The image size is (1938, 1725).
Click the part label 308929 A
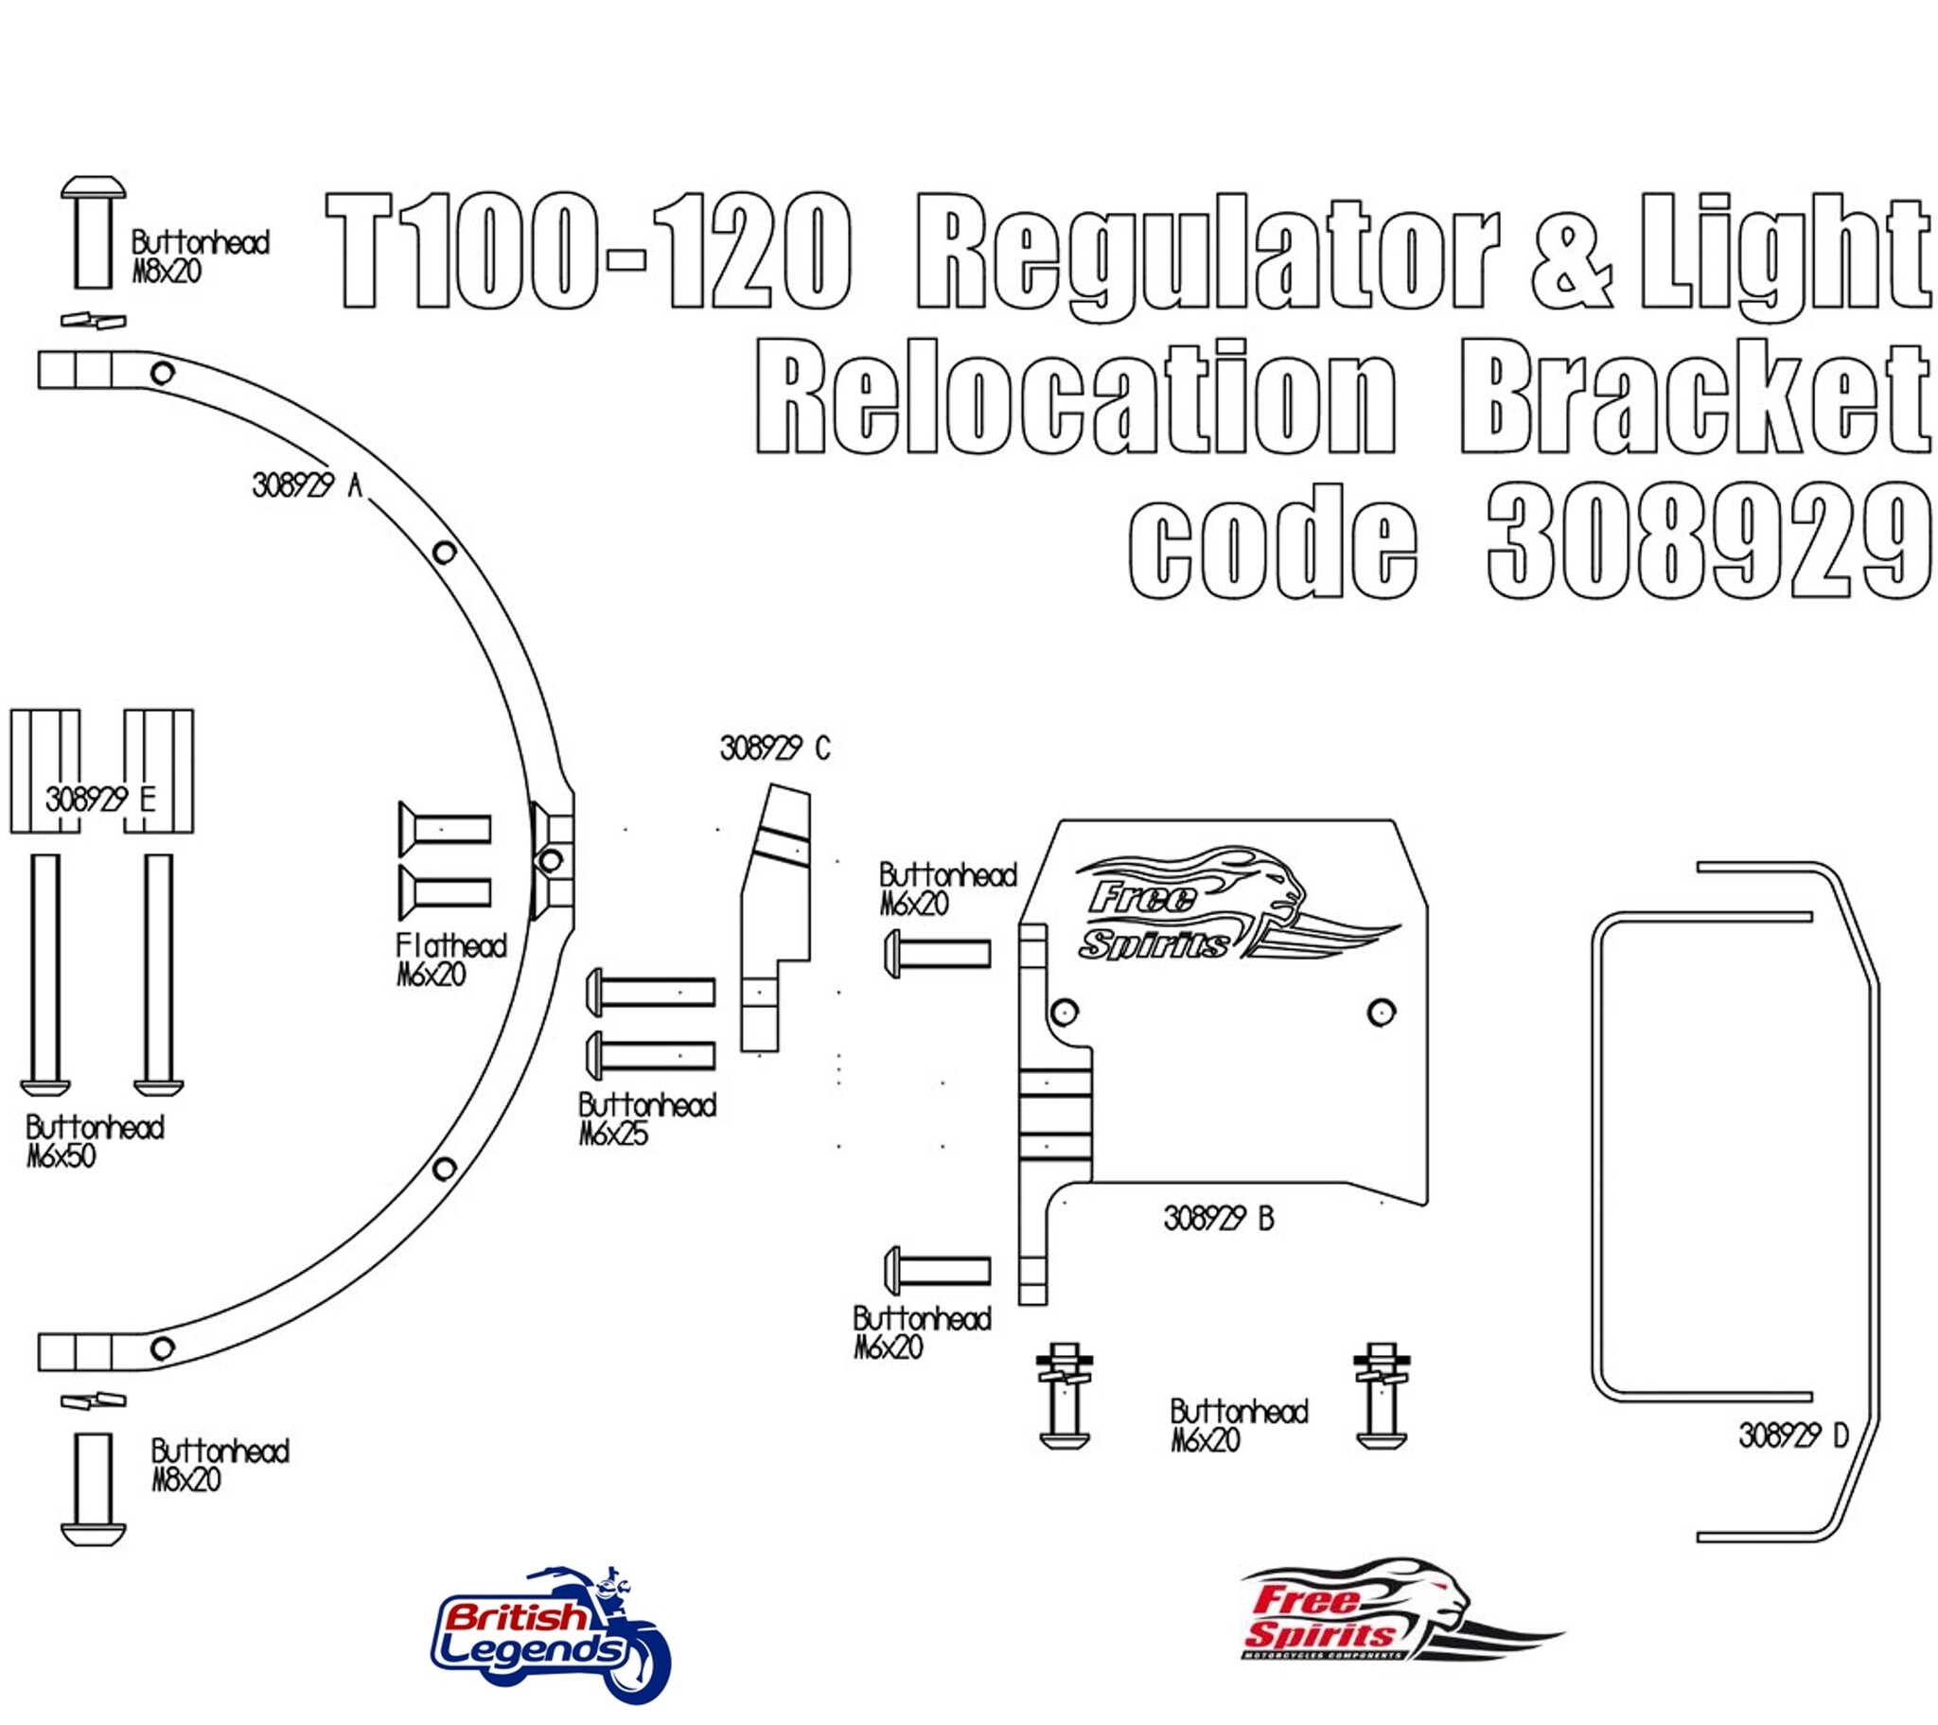pyautogui.click(x=308, y=485)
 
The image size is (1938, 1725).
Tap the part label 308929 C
pyautogui.click(x=775, y=749)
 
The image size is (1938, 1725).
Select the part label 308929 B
pyautogui.click(x=1219, y=1219)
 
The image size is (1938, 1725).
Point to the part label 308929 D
pyautogui.click(x=1793, y=1435)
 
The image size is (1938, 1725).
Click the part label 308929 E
pyautogui.click(x=100, y=800)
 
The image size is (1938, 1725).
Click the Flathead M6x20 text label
pyautogui.click(x=450, y=959)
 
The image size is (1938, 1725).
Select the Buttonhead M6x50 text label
pyautogui.click(x=95, y=1142)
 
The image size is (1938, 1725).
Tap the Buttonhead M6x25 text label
pyautogui.click(x=646, y=1119)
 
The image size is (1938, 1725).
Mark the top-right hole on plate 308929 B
pyautogui.click(x=1382, y=1012)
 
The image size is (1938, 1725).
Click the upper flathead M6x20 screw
pyautogui.click(x=445, y=829)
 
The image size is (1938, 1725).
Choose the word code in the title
pyautogui.click(x=1273, y=543)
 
